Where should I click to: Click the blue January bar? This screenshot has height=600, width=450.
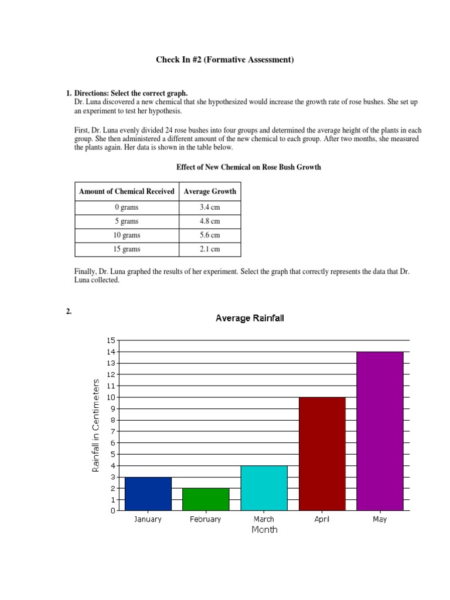point(148,493)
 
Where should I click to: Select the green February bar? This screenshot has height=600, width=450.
point(206,499)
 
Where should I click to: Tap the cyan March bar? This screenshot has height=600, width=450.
point(264,487)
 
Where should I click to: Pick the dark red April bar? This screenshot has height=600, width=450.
point(322,454)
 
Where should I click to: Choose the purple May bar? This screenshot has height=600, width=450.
point(380,431)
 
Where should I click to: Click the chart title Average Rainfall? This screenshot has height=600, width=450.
point(250,318)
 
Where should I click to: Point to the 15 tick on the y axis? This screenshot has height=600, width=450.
point(111,340)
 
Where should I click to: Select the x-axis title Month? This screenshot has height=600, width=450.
point(264,530)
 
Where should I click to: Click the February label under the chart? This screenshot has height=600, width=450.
point(206,519)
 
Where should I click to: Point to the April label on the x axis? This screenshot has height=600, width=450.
point(322,519)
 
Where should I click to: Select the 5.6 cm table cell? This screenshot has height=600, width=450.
point(210,235)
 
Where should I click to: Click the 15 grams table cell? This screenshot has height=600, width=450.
point(127,249)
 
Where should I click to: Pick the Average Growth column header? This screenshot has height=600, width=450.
point(210,191)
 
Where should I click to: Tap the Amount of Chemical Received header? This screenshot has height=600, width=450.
point(127,191)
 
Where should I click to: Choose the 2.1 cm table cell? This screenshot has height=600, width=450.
point(210,249)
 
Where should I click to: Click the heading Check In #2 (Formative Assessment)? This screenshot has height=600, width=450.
point(224,60)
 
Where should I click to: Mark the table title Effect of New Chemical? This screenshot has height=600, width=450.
point(248,167)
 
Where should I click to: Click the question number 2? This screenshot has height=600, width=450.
point(69,312)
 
